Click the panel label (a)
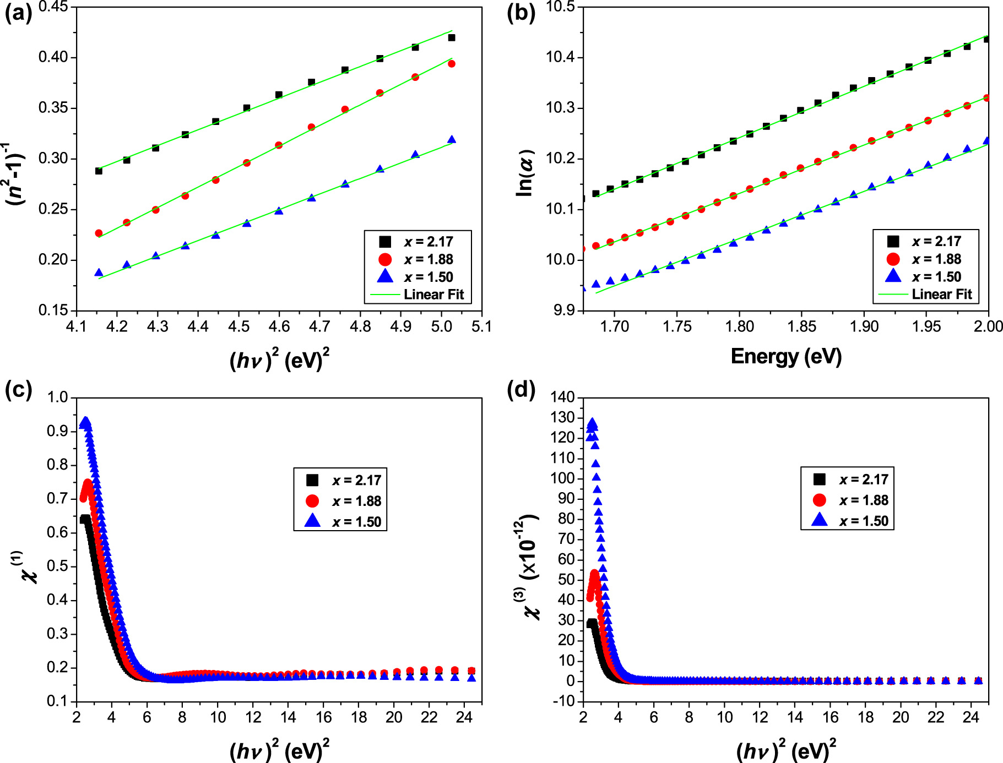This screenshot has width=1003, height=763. coord(18,13)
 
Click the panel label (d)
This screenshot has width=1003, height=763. coord(521,389)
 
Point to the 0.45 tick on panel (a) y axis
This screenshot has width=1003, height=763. coord(53,7)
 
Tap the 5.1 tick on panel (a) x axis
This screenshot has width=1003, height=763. coord(481,327)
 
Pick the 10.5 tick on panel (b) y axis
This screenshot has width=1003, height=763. coord(560,7)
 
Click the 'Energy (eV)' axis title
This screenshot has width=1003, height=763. coord(786,357)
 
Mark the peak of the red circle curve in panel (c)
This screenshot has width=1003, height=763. coord(88,484)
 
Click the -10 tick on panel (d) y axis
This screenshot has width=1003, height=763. coord(565,701)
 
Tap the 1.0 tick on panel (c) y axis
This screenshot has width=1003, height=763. coord(57,397)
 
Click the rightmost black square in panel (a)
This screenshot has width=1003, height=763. coord(452,37)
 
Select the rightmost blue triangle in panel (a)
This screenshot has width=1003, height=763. coord(452,140)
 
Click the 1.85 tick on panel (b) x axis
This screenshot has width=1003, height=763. coord(801,327)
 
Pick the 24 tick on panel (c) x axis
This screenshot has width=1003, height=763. coord(464,717)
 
